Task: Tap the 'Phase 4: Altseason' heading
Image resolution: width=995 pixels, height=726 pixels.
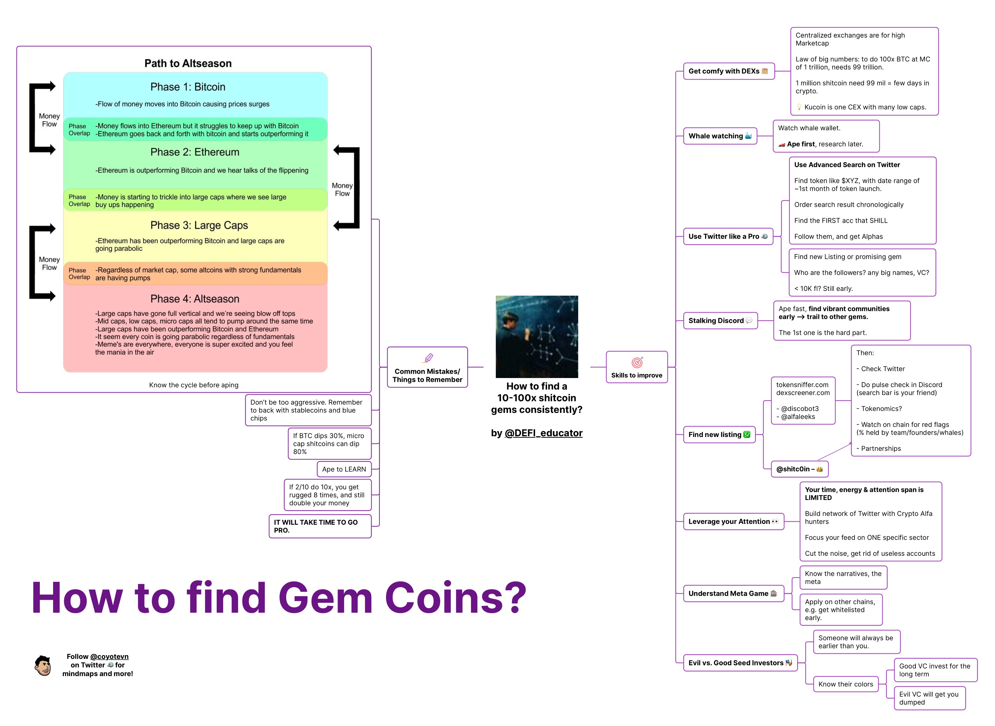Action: point(195,299)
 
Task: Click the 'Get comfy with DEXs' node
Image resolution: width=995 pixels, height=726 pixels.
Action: point(728,71)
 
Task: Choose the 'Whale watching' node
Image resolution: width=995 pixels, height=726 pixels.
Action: point(720,136)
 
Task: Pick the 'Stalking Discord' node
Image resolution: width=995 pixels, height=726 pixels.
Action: point(720,321)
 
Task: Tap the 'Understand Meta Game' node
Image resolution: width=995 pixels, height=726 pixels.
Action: point(733,594)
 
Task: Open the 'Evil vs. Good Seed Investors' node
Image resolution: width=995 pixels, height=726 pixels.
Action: point(740,663)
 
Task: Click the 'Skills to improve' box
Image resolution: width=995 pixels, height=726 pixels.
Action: point(636,367)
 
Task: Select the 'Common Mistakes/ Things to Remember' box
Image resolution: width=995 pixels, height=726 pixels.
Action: point(427,367)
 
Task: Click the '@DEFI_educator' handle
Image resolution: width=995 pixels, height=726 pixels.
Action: point(544,433)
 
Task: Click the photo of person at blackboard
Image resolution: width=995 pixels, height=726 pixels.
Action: point(537,337)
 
